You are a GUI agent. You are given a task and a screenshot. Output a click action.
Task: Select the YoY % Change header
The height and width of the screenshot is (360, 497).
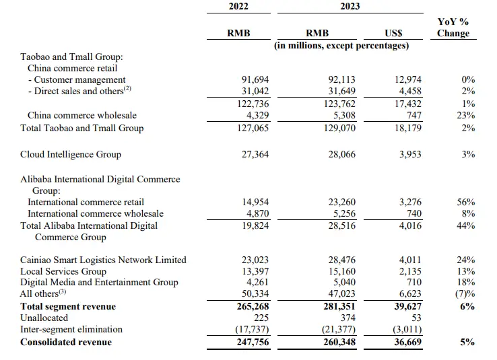[453, 28]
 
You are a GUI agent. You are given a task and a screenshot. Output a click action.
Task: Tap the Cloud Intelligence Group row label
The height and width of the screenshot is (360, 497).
[71, 154]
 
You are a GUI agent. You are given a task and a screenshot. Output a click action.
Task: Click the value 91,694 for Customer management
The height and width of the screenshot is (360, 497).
[256, 79]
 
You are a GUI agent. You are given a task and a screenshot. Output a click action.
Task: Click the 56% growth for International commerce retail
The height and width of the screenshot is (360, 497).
[465, 202]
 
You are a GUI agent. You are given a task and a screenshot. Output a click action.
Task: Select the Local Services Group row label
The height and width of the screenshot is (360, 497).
[63, 271]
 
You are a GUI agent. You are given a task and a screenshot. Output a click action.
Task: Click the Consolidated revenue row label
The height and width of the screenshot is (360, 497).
[66, 342]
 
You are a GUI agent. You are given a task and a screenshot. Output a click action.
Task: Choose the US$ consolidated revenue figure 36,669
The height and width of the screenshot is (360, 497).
[394, 342]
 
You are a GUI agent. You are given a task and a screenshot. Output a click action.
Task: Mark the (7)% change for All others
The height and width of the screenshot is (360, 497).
[465, 294]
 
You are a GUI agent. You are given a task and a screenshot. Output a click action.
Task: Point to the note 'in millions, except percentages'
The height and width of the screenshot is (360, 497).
[341, 45]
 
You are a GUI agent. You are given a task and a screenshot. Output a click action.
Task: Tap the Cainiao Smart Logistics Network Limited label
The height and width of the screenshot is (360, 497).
[103, 260]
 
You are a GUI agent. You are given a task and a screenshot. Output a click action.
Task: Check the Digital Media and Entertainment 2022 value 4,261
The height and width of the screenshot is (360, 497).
[259, 283]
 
